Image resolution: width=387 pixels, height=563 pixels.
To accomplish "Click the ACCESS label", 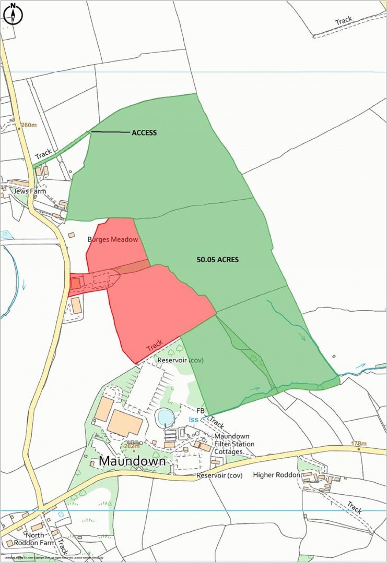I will pyautogui.click(x=144, y=133).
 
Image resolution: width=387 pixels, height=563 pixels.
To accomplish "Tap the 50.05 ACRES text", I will pyautogui.click(x=218, y=260).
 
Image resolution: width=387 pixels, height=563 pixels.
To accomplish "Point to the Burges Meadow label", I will pyautogui.click(x=113, y=240).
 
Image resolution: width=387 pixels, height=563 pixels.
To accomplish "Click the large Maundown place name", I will pyautogui.click(x=132, y=461).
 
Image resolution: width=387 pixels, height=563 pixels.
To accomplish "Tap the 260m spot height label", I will pyautogui.click(x=29, y=125).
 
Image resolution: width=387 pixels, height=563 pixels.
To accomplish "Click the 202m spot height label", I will pyautogui.click(x=132, y=446).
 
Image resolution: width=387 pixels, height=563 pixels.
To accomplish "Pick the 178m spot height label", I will pyautogui.click(x=359, y=443).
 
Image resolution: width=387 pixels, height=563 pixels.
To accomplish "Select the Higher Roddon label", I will pyautogui.click(x=277, y=475).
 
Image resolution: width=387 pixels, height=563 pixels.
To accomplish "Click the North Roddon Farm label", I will pyautogui.click(x=35, y=539).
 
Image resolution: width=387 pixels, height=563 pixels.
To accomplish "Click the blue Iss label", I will pyautogui.click(x=193, y=420).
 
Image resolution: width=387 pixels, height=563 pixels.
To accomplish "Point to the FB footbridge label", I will pyautogui.click(x=200, y=410).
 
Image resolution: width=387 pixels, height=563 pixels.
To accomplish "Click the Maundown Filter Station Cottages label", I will pyautogui.click(x=234, y=444).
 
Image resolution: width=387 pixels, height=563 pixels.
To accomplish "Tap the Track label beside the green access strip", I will pyautogui.click(x=43, y=154).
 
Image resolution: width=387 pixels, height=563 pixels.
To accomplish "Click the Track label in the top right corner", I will pyautogui.click(x=344, y=20).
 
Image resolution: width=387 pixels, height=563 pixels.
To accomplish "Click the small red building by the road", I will pyautogui.click(x=76, y=283).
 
